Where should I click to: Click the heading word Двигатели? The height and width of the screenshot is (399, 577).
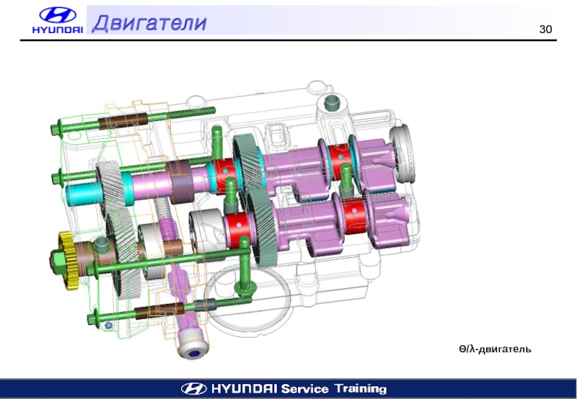point(149,22)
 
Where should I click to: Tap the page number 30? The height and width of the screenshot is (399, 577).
point(545,30)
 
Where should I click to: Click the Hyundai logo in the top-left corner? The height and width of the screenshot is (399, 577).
point(58,21)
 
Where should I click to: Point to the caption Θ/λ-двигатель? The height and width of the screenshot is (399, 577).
point(495,349)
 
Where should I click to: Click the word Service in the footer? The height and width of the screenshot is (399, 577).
point(304,389)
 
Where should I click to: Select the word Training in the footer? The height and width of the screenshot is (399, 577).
point(361,388)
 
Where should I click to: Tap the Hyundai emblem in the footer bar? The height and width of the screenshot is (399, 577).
point(194,388)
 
